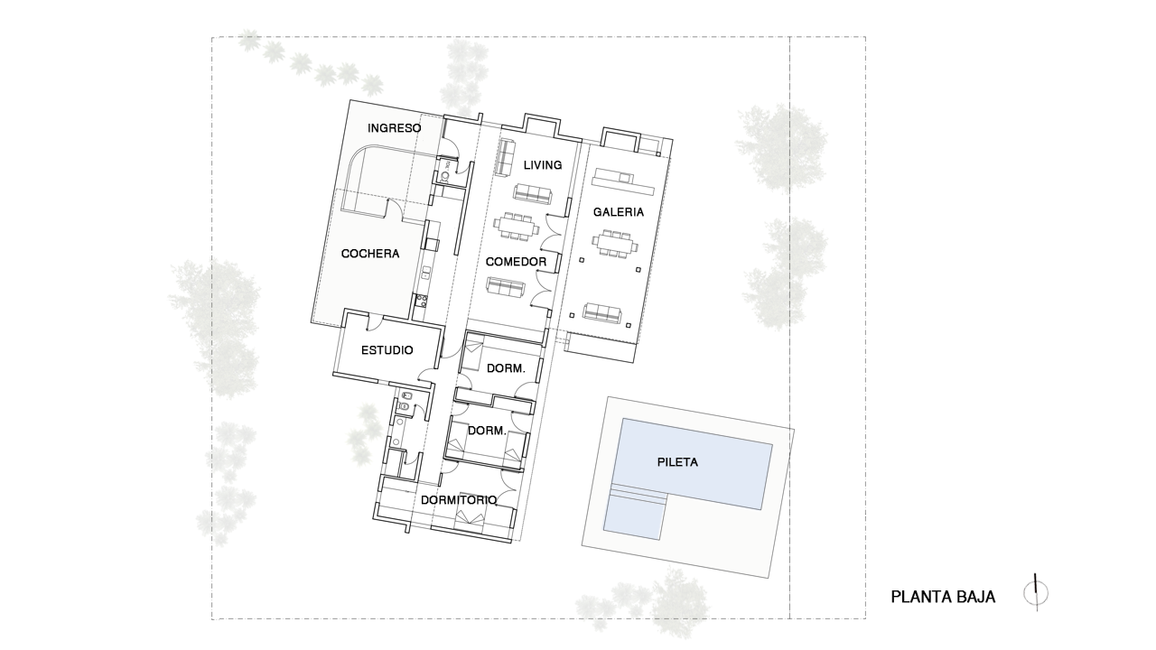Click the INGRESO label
[x=395, y=128]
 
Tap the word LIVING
[x=543, y=165]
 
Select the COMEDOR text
[x=516, y=262]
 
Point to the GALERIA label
[x=619, y=212]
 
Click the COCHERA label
[x=370, y=254]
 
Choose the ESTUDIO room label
[x=387, y=350]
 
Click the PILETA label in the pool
[x=677, y=462]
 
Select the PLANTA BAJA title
[x=943, y=597]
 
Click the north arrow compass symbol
[x=1036, y=593]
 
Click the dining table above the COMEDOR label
[x=516, y=226]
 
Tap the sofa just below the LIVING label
[x=533, y=193]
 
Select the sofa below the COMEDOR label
[x=507, y=288]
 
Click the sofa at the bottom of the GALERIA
[x=602, y=313]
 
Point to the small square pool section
[x=634, y=516]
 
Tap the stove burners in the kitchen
[x=421, y=301]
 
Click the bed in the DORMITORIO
[x=470, y=518]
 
